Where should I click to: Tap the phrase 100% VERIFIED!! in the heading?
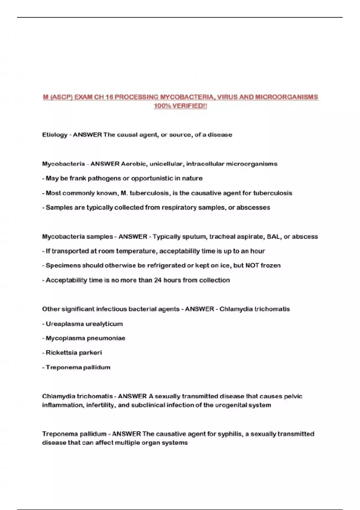pyautogui.click(x=180, y=106)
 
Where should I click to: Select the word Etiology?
pyautogui.click(x=55, y=135)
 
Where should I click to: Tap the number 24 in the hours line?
pyautogui.click(x=158, y=280)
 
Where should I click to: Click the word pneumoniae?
pyautogui.click(x=106, y=338)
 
